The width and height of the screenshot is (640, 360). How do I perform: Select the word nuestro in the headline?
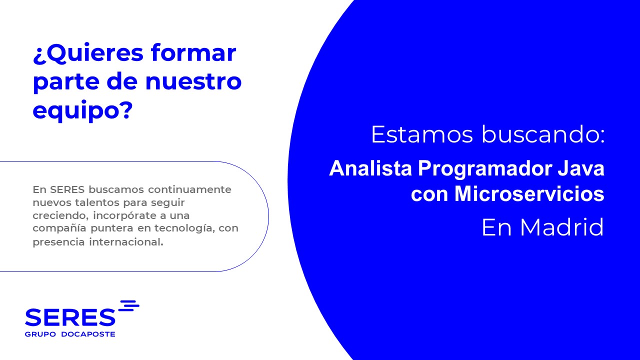tap(193, 81)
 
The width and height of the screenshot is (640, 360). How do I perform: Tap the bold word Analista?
tap(370, 168)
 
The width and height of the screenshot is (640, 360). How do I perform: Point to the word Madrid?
tap(562, 227)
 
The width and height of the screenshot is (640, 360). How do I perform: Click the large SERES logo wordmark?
tap(70, 317)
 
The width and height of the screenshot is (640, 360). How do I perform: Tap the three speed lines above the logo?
tap(129, 305)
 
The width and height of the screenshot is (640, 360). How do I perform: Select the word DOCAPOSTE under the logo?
tap(88, 334)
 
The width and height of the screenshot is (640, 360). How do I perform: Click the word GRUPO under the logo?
tap(40, 334)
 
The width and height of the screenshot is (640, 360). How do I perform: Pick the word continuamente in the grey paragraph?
tap(189, 189)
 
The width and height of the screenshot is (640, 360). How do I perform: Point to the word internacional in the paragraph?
tap(126, 242)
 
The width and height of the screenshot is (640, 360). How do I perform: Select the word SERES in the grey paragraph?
tap(67, 189)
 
